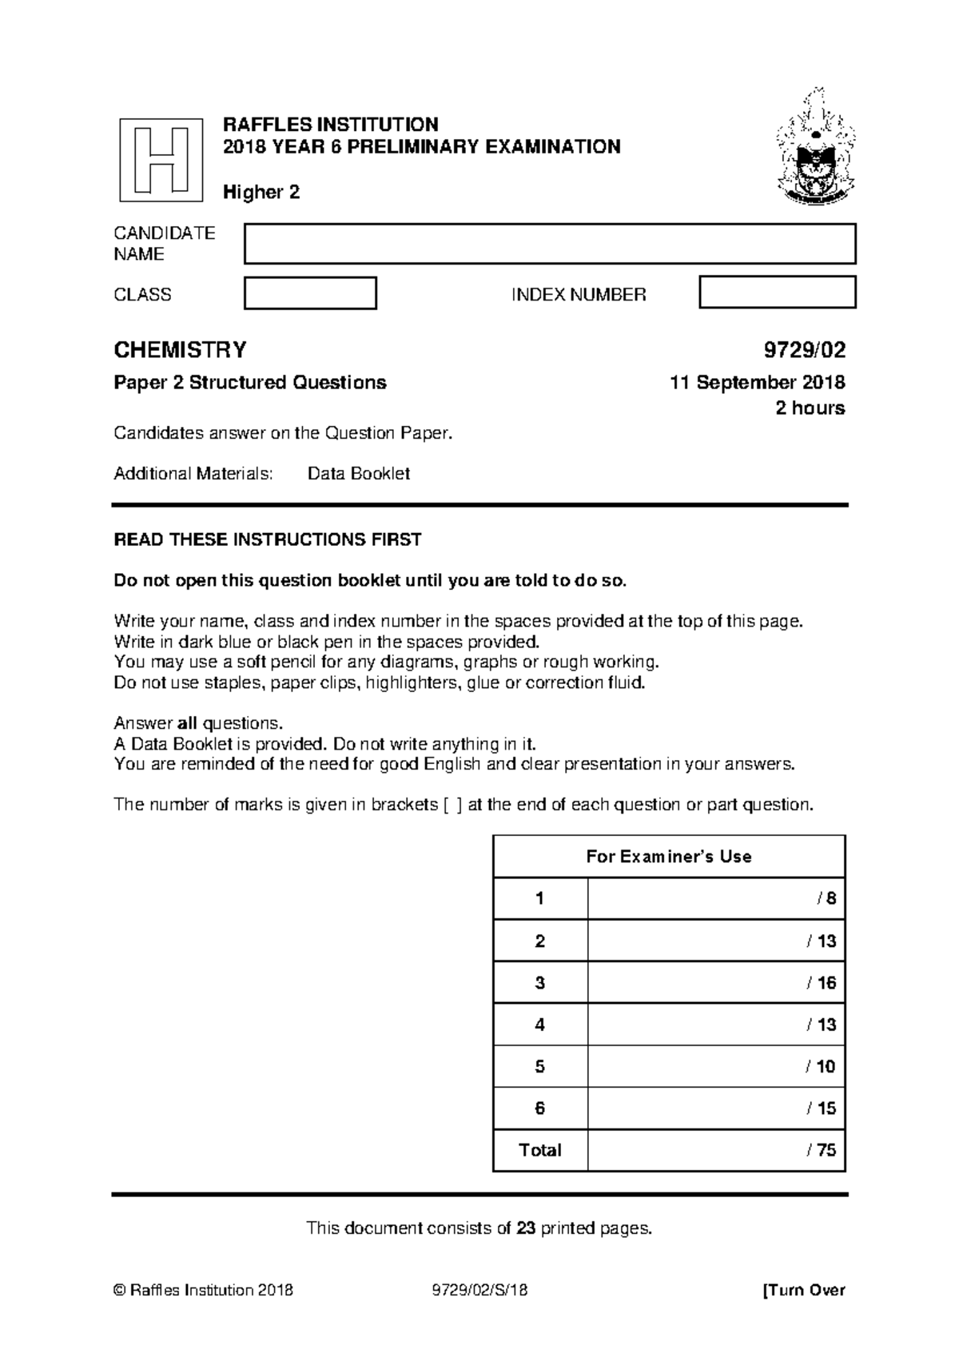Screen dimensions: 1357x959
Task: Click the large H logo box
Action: [x=161, y=160]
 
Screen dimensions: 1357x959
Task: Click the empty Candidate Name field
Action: [x=549, y=244]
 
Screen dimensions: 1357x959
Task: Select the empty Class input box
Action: [x=310, y=293]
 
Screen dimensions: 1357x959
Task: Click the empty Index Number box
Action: [x=777, y=292]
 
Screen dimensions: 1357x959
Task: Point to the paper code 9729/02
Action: [x=804, y=350]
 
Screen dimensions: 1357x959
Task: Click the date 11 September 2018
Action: [x=757, y=383]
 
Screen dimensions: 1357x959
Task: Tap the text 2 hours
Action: [x=810, y=408]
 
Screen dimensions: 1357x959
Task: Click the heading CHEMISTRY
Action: [x=180, y=350]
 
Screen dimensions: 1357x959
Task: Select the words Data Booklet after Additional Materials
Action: [x=358, y=473]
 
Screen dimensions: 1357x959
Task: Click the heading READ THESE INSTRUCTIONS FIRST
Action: [x=267, y=539]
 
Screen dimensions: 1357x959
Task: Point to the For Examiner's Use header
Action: [x=668, y=857]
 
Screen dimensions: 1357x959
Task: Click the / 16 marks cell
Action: [x=716, y=982]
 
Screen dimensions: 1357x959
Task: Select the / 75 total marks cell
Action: [x=716, y=1150]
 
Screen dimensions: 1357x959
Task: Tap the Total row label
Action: [x=540, y=1150]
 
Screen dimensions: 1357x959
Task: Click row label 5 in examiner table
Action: [x=540, y=1066]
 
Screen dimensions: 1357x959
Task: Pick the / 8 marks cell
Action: [x=716, y=898]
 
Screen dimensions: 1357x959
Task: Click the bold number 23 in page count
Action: [x=525, y=1228]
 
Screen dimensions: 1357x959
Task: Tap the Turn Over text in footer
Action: [x=804, y=1290]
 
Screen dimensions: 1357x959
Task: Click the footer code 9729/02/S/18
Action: [x=479, y=1290]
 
